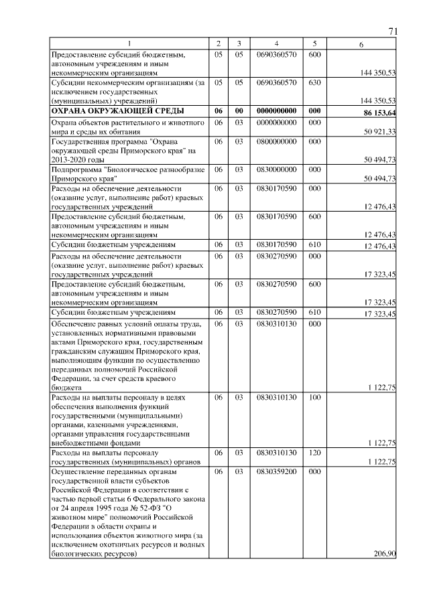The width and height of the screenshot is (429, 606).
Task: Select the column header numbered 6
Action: (x=362, y=44)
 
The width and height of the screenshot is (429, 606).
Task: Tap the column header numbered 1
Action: (x=129, y=44)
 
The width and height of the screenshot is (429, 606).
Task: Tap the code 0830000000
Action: (x=276, y=170)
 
